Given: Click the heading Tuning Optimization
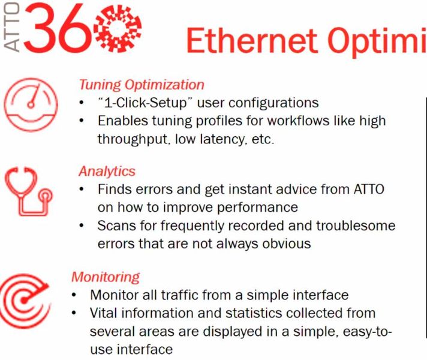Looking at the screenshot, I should coord(142,85).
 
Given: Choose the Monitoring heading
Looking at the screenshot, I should coord(106,277).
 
